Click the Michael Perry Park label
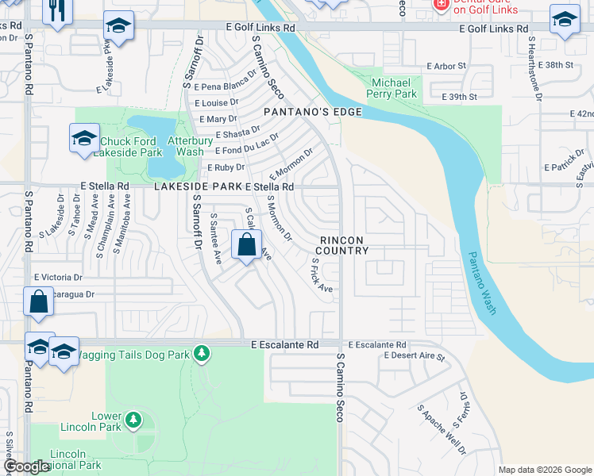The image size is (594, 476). point(391,88)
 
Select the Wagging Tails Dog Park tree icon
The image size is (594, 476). point(202,351)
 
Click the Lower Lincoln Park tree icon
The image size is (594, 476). point(133,417)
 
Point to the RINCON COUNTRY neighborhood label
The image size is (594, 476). point(345,245)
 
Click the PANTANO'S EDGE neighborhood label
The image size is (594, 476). point(313,113)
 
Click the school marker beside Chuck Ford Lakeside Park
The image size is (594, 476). point(84,138)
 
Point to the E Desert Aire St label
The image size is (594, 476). point(415,356)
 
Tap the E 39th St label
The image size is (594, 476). point(459,97)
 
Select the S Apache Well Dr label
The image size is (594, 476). point(442,430)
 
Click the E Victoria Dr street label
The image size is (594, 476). point(58,278)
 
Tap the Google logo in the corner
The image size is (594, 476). point(27,466)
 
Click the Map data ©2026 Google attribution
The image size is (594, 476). point(544,470)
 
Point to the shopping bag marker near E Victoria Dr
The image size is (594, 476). point(38,302)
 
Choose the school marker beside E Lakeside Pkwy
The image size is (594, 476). point(118,27)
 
